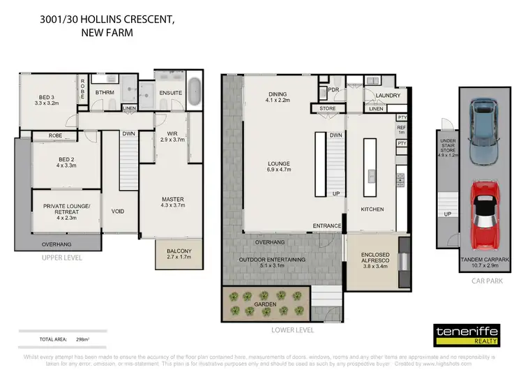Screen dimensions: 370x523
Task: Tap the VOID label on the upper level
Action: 118,211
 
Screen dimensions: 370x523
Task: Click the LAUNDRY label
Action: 387,96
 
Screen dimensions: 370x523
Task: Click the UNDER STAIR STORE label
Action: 447,149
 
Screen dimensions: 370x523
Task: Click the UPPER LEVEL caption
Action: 61,258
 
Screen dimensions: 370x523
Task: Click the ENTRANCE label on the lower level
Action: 327,226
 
